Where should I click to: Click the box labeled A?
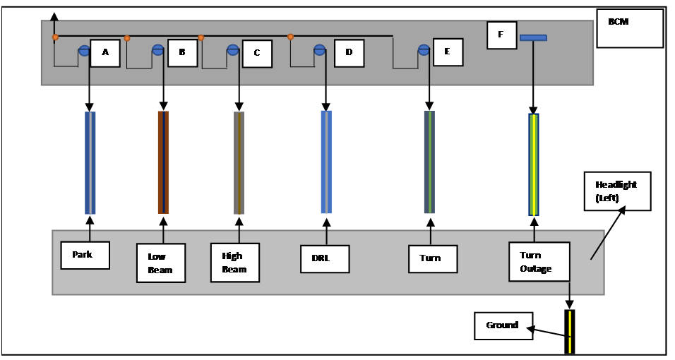pyautogui.click(x=105, y=53)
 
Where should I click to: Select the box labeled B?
pyautogui.click(x=182, y=53)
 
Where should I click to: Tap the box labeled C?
pyautogui.click(x=257, y=54)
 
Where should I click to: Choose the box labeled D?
pyautogui.click(x=349, y=53)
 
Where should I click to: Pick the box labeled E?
pyautogui.click(x=448, y=52)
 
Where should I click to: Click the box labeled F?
pyautogui.click(x=501, y=35)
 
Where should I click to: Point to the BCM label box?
pyautogui.click(x=630, y=28)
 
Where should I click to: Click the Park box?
pyautogui.click(x=85, y=255)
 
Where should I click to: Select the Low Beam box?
pyautogui.click(x=160, y=263)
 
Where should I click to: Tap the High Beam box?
pyautogui.click(x=235, y=263)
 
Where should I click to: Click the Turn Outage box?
pyautogui.click(x=539, y=261)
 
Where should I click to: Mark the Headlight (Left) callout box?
pyautogui.click(x=616, y=191)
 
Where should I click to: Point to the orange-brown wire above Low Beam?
pyautogui.click(x=163, y=162)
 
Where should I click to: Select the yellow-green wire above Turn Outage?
pyautogui.click(x=534, y=164)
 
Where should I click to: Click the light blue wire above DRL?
pyautogui.click(x=326, y=162)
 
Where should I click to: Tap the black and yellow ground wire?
pyautogui.click(x=569, y=332)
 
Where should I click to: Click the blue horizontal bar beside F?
pyautogui.click(x=533, y=37)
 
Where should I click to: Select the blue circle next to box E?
pyautogui.click(x=424, y=50)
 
